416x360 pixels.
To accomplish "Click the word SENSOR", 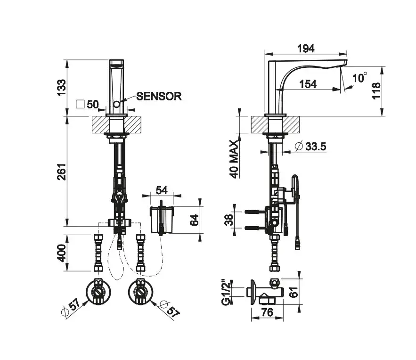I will click(159, 96).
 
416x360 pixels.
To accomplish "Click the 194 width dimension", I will click(306, 48).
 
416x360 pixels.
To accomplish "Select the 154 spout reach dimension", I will click(308, 84).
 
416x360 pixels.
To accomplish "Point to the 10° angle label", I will click(360, 77).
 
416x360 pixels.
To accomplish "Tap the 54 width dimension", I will click(162, 190).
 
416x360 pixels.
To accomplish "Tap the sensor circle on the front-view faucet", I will click(116, 103).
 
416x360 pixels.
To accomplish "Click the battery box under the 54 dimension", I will click(162, 219).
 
